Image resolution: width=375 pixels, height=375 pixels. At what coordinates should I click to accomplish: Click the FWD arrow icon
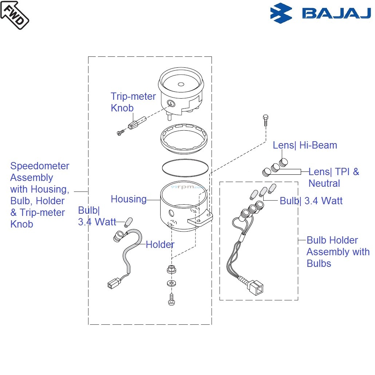point(15,15)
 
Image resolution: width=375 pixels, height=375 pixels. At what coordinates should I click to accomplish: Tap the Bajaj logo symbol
point(281,13)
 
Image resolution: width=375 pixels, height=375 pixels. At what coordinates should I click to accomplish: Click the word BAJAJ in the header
point(336,14)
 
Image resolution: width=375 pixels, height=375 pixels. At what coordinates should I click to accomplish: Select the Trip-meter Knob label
point(133,102)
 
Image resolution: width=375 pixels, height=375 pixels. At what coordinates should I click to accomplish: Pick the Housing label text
point(129,199)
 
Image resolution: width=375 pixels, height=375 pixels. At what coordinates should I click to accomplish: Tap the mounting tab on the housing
point(200,219)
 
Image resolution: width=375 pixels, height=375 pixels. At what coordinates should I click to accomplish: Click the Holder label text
point(160,245)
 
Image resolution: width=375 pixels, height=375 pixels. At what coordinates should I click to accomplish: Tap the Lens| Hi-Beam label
point(305,145)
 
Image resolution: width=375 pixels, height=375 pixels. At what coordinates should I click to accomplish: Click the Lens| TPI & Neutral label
point(333,177)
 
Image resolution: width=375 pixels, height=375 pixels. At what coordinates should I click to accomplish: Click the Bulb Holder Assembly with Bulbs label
point(337,252)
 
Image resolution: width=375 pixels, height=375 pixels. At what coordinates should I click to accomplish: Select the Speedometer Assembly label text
point(39,195)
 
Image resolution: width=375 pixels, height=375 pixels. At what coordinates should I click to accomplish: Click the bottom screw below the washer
point(171,300)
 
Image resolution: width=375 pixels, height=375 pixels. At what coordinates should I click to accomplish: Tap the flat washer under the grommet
point(171,283)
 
